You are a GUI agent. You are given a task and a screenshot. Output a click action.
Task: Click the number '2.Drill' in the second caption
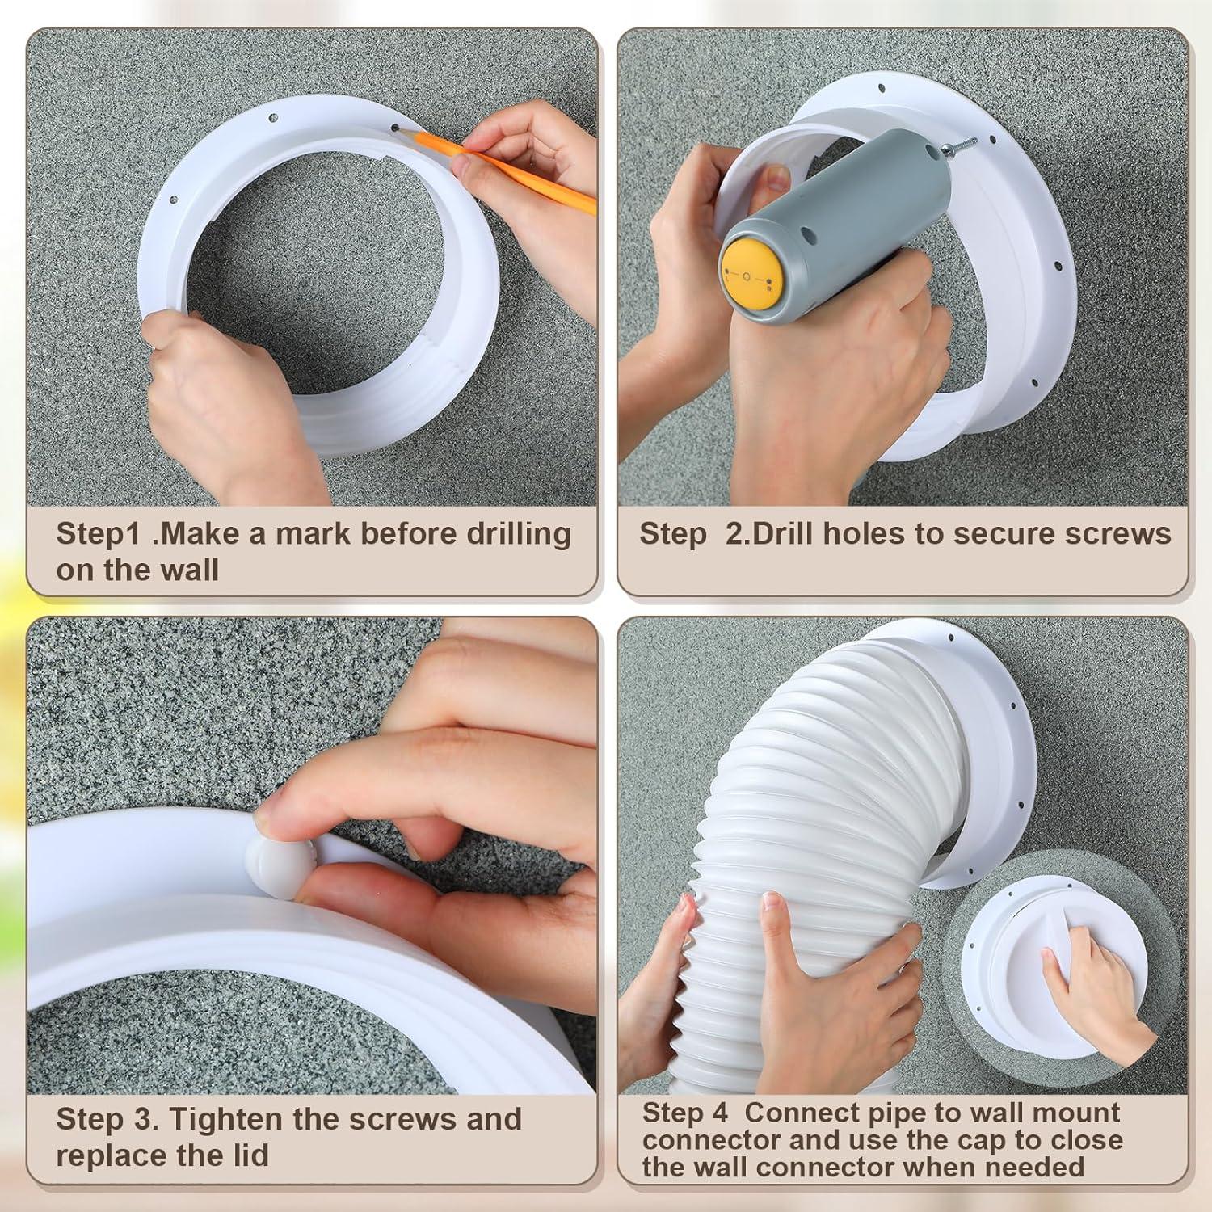(x=768, y=535)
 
